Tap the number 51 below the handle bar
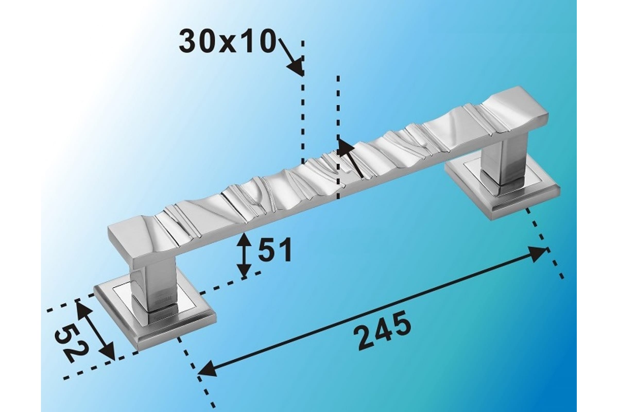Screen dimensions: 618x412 coord(275,249)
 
